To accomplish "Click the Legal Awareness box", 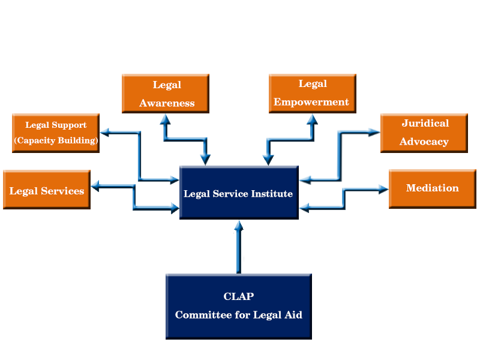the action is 166,94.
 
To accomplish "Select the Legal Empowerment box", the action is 313,94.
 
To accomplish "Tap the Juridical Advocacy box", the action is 424,133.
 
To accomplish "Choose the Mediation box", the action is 433,189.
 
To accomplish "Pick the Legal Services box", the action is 47,190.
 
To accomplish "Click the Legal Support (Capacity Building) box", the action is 56,133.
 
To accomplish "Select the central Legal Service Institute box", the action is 239,193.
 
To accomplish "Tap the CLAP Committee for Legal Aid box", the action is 239,307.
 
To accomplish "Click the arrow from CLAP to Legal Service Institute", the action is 239,247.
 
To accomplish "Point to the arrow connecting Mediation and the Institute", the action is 344,199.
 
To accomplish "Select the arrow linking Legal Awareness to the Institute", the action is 185,140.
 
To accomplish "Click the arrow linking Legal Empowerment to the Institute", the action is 290,140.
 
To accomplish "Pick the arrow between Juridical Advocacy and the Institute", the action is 340,156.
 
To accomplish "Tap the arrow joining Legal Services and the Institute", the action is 134,197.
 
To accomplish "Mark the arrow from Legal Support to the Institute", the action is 139,156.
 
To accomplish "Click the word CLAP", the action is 239,296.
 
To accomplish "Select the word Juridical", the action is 425,123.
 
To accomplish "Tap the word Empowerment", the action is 311,102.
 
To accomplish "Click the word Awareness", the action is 167,103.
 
